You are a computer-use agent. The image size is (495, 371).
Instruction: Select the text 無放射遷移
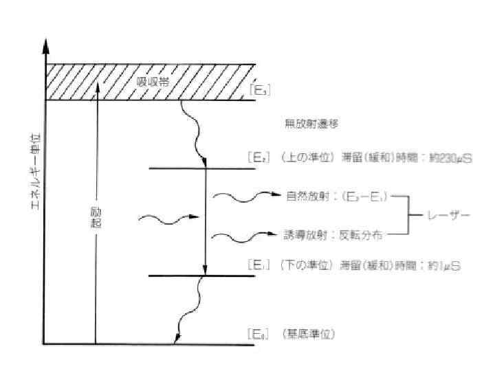pos(311,124)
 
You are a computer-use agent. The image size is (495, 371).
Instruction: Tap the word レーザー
pos(448,216)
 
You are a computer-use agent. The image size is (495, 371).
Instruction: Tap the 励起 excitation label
pos(96,219)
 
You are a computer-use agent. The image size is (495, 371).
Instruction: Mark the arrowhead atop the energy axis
pos(46,44)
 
